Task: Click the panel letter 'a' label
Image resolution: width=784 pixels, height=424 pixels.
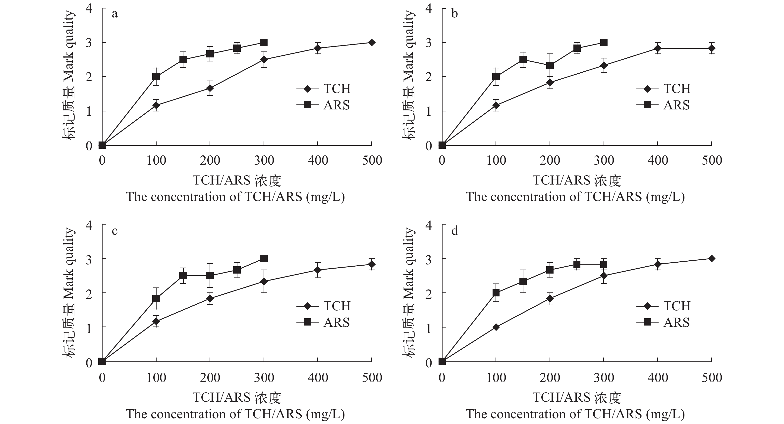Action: tap(114, 14)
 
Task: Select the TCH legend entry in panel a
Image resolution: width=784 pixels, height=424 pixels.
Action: tap(323, 89)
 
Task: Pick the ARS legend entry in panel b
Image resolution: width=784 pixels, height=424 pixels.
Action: tap(663, 105)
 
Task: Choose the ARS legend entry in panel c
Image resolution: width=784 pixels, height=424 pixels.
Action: tap(323, 322)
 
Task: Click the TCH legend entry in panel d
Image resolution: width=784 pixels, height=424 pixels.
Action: tap(663, 306)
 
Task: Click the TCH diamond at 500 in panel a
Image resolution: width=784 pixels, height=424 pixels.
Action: tap(372, 42)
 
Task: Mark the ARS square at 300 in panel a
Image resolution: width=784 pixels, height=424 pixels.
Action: tap(264, 42)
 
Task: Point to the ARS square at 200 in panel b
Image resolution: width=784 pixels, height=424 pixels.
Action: tap(550, 65)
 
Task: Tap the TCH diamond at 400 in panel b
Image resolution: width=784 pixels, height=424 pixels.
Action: tap(658, 48)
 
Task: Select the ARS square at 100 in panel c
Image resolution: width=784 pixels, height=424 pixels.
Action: tap(156, 298)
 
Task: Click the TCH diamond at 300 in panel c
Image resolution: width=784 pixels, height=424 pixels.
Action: tap(264, 281)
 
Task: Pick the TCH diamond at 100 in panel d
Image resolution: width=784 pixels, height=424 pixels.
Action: tap(496, 327)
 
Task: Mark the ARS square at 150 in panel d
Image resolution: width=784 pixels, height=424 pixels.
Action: tap(523, 281)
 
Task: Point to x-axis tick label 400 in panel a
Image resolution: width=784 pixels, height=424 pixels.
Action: tap(318, 160)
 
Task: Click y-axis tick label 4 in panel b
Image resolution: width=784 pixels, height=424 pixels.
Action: tap(429, 8)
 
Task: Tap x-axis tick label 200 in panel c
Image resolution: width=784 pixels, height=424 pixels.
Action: tap(210, 377)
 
